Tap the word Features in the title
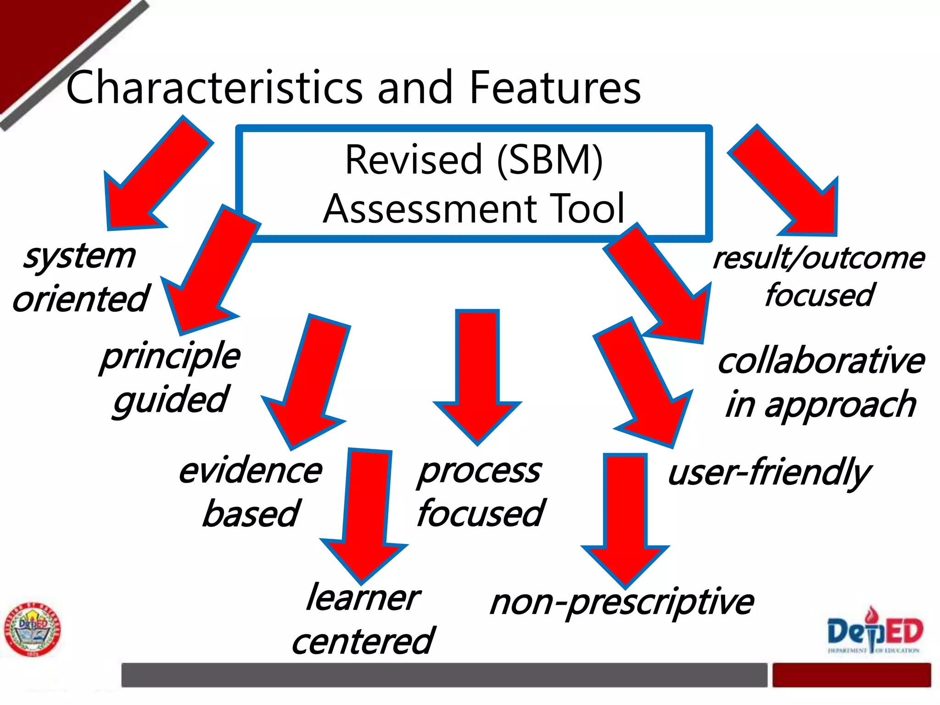[555, 87]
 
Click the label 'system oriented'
[81, 277]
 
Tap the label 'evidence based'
[251, 492]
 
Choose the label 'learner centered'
[363, 620]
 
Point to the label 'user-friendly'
[769, 473]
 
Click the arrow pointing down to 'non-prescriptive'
[625, 519]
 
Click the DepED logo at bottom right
[874, 631]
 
